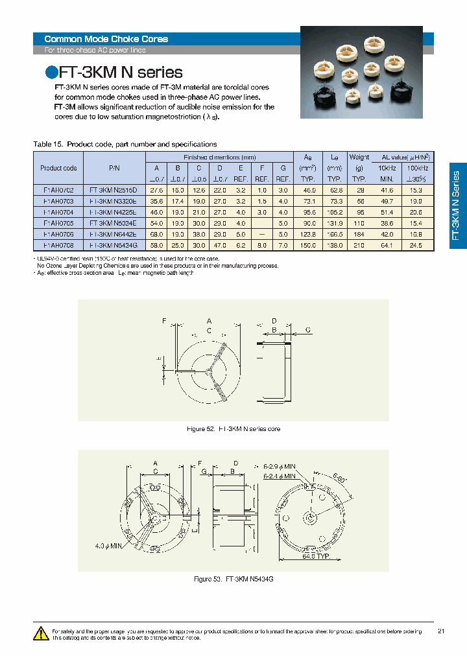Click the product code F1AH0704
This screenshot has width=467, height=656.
coord(58,211)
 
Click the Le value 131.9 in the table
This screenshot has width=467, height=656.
coord(334,222)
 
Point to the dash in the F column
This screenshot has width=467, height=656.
coord(261,234)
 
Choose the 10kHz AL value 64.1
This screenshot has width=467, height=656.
coord(387,245)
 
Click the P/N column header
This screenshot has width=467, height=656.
coord(114,168)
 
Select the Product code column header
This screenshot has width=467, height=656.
coord(58,168)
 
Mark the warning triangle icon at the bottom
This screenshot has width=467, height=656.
coord(41,633)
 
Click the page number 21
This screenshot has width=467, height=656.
coord(441,631)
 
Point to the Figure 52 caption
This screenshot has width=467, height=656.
coord(232,429)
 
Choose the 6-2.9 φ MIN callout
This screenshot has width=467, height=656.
coord(280,465)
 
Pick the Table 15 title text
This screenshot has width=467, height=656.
coord(125,144)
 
